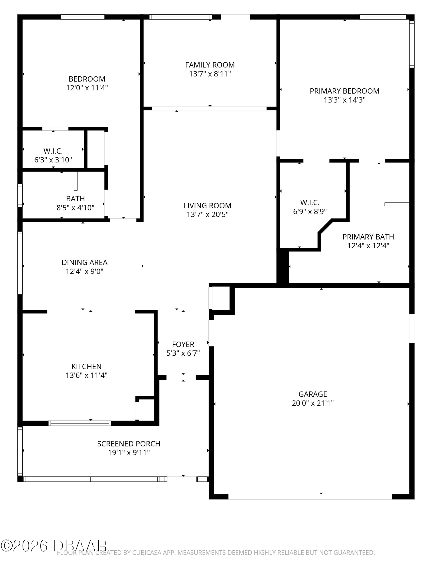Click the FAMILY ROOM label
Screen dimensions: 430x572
pyautogui.click(x=210, y=65)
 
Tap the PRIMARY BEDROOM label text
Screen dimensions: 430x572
pyautogui.click(x=345, y=91)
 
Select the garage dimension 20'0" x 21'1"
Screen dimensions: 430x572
pyautogui.click(x=313, y=403)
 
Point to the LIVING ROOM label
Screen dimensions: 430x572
pyautogui.click(x=208, y=205)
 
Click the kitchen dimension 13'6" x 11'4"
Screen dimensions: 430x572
pyautogui.click(x=86, y=375)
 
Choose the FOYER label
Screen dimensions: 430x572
pyautogui.click(x=183, y=344)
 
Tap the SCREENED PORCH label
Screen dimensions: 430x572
pyautogui.click(x=129, y=444)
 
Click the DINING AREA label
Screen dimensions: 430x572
pyautogui.click(x=85, y=262)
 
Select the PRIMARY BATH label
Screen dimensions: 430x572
pyautogui.click(x=368, y=237)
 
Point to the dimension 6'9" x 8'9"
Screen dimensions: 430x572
pyautogui.click(x=310, y=211)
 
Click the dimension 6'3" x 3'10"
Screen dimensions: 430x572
pyautogui.click(x=53, y=160)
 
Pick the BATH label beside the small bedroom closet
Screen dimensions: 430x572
pyautogui.click(x=75, y=198)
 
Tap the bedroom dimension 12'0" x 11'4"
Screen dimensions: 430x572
pyautogui.click(x=87, y=88)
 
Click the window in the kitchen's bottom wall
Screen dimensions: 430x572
pyautogui.click(x=80, y=423)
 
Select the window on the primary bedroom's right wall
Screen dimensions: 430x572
pyautogui.click(x=412, y=44)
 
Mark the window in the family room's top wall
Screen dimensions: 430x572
pyautogui.click(x=181, y=17)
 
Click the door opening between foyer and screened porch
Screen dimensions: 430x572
pyautogui.click(x=181, y=377)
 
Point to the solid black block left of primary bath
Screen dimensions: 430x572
pyautogui.click(x=283, y=266)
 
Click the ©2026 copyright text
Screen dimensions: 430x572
pyautogui.click(x=24, y=546)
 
